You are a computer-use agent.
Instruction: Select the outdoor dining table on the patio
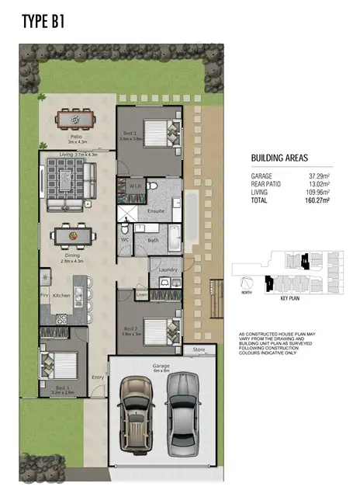[75, 119]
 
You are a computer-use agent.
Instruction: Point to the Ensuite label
[155, 210]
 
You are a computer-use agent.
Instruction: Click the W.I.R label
[133, 187]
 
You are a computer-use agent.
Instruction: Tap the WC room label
[125, 240]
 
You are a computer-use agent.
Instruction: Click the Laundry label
[168, 269]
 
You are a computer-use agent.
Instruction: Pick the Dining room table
[71, 235]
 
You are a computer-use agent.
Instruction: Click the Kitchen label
[62, 296]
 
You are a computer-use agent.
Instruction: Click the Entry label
[97, 377]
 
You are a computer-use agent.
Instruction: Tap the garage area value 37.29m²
[318, 176]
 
